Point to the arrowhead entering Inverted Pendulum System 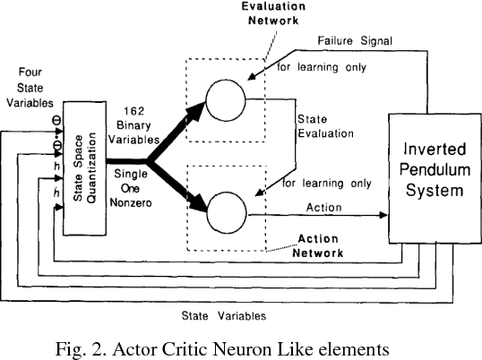384,215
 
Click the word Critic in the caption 207,347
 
